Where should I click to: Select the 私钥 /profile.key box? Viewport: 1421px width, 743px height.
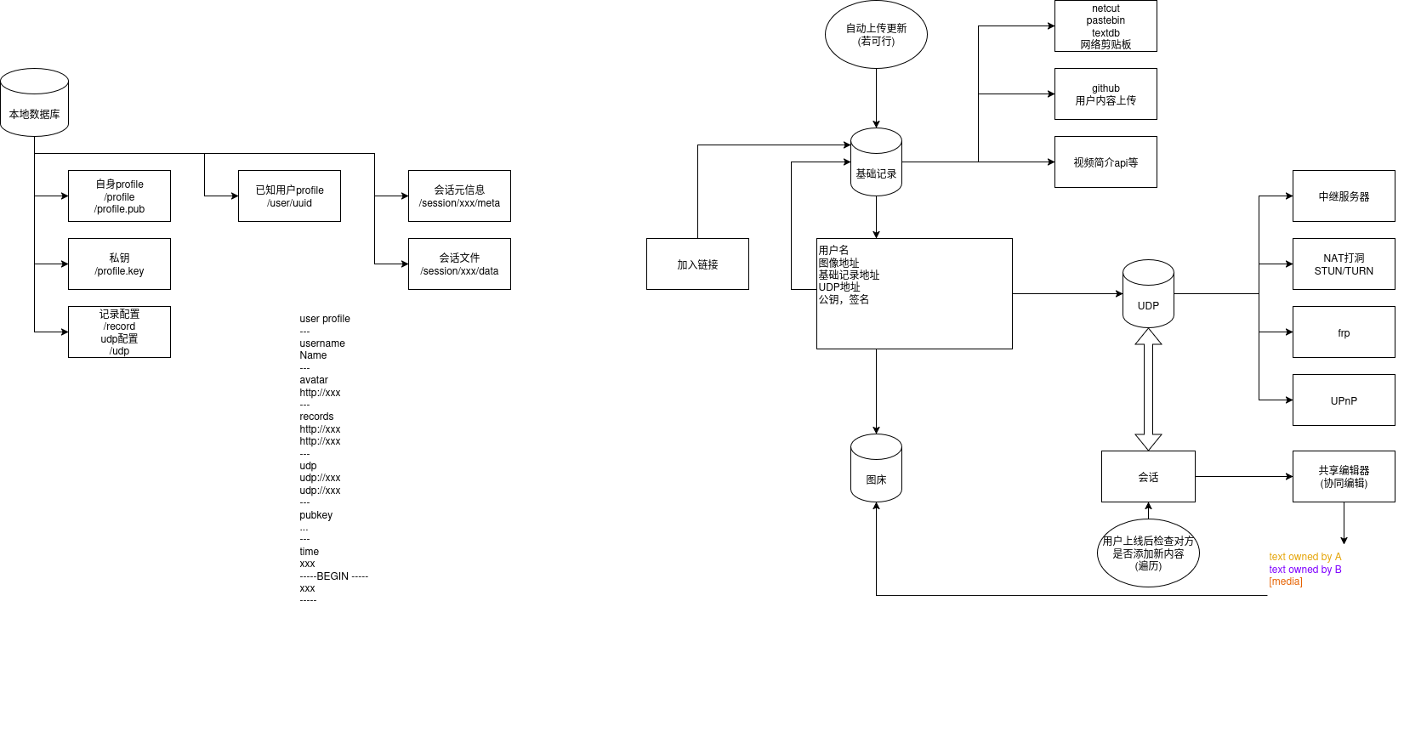tap(119, 264)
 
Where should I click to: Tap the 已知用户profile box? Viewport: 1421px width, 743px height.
tap(289, 196)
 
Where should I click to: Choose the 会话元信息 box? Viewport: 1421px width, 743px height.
tap(459, 196)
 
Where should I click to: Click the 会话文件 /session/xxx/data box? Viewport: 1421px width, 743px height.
tap(459, 264)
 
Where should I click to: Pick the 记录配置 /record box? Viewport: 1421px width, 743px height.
tap(119, 332)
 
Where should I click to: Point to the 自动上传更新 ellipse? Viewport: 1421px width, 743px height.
tap(876, 35)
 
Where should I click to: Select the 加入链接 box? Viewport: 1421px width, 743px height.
tap(697, 264)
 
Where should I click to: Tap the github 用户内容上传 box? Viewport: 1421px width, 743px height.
tap(1106, 94)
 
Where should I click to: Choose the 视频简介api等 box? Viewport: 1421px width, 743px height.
tap(1106, 162)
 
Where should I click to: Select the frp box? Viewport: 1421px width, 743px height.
tap(1344, 332)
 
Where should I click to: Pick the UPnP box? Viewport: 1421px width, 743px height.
tap(1344, 400)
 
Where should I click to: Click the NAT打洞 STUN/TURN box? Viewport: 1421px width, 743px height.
tap(1344, 264)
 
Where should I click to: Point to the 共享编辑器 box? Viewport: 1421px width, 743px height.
tap(1344, 477)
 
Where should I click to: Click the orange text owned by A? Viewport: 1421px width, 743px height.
tap(1304, 557)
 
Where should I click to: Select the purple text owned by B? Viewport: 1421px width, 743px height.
tap(1304, 570)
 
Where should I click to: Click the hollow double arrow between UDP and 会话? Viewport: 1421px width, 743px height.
tap(1148, 389)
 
